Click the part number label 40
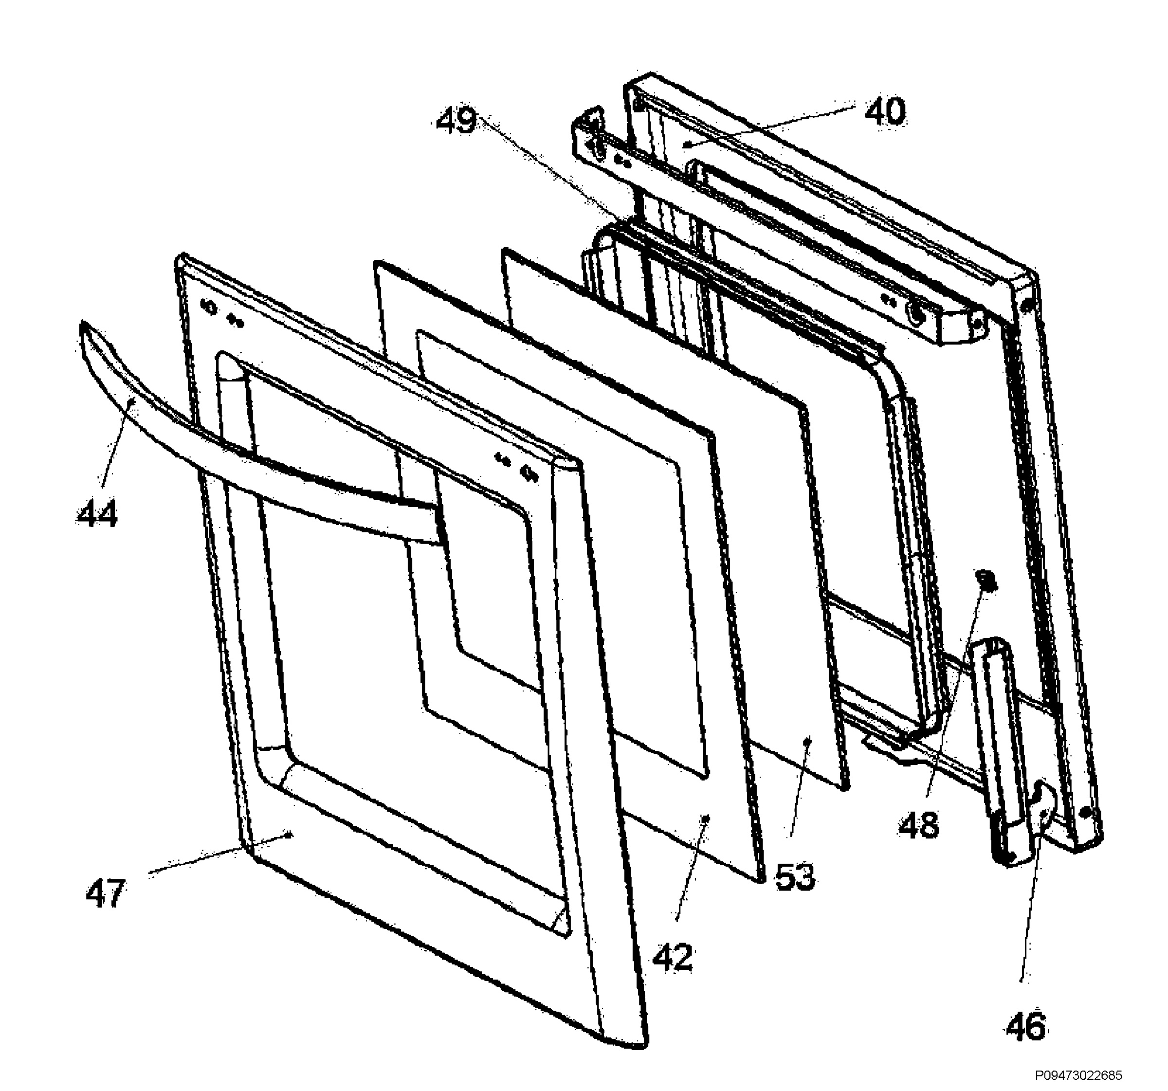(885, 111)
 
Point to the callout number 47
(106, 893)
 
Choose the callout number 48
(919, 825)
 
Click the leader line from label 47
(219, 853)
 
